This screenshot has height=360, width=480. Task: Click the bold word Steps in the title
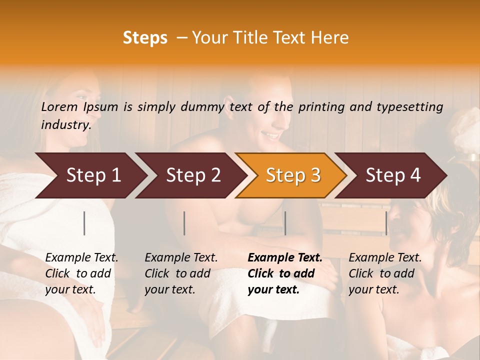145,38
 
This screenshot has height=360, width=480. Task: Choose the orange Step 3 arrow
293,175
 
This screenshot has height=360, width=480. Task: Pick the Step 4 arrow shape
393,175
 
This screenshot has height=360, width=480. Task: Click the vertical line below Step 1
84,223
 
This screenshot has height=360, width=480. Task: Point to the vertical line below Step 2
184,223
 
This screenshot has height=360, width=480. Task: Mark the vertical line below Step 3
285,223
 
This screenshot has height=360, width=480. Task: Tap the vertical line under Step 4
386,223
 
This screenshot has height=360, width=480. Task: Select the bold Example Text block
285,273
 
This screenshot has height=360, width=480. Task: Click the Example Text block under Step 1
81,273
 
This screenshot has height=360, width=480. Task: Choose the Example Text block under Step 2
181,273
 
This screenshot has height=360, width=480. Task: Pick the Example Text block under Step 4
385,273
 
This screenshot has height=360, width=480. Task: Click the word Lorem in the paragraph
59,106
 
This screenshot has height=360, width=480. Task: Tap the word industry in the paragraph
65,124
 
